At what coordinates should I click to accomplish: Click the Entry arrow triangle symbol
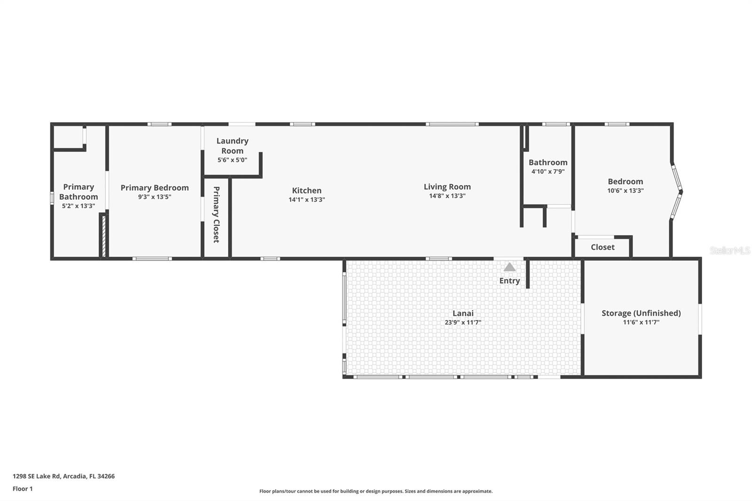(x=509, y=267)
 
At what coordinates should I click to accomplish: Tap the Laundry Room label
(x=232, y=146)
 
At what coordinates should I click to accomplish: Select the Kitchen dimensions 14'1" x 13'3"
(x=306, y=200)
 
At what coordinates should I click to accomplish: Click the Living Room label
(x=447, y=187)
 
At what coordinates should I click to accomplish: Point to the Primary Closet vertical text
(x=216, y=214)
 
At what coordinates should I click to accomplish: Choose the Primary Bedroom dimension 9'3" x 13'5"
(x=154, y=197)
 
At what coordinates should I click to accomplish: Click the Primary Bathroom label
(x=78, y=192)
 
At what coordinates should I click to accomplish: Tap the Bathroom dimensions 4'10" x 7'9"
(x=548, y=172)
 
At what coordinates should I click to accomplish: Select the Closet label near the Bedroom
(x=603, y=247)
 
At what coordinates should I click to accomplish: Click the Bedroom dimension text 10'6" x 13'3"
(x=625, y=191)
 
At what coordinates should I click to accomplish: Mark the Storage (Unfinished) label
(x=641, y=313)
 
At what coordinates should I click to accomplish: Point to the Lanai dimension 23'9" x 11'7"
(x=462, y=322)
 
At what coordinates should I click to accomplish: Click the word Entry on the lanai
(x=509, y=281)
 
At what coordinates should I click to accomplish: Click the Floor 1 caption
(x=23, y=489)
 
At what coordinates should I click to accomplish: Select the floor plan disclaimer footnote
(x=376, y=491)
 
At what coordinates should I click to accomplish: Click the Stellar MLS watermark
(x=729, y=250)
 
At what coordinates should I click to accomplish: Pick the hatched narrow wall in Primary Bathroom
(x=103, y=235)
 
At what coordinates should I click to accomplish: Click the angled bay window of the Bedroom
(x=677, y=191)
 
